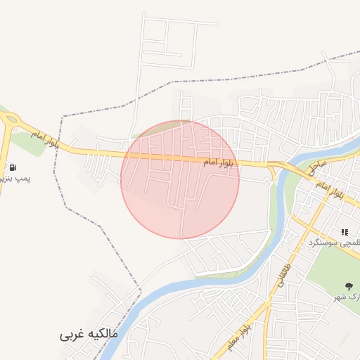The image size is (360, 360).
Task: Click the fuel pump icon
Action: pos(13,167)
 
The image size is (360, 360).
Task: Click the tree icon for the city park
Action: pos(349,285)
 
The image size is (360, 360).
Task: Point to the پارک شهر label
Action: pos(347,297)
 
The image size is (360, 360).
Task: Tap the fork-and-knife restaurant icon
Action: pos(345,232)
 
